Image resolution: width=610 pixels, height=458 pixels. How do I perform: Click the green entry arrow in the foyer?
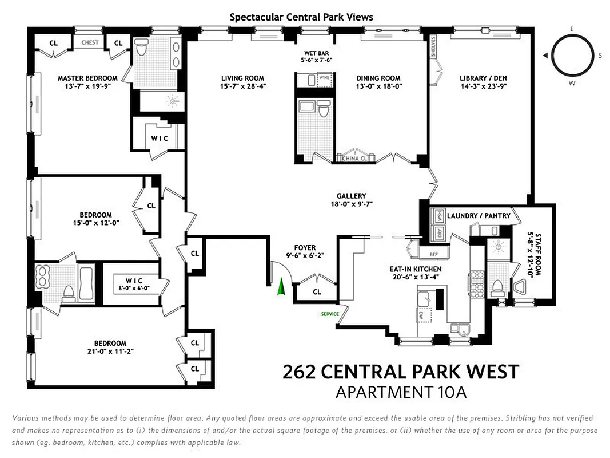280,287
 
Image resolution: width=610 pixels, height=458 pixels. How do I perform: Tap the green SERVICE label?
330,314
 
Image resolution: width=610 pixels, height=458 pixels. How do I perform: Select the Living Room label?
242,78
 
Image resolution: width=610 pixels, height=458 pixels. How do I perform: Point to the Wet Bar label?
316,52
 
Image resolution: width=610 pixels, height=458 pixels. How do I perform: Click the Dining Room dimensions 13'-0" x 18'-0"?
378,86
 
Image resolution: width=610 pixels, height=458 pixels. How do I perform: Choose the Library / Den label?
483,78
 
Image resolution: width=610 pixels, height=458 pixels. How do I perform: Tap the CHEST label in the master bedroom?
90,42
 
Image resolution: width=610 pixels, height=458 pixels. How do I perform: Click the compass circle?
572,56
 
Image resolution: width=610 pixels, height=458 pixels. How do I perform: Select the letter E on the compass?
572,29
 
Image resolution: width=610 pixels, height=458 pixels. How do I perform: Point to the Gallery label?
351,196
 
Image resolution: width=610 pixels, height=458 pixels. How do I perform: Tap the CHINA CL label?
354,159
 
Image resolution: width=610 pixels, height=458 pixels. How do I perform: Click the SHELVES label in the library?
434,48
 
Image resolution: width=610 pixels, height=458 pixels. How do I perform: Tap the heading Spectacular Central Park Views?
301,17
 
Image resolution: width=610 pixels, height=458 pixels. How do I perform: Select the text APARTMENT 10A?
401,393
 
